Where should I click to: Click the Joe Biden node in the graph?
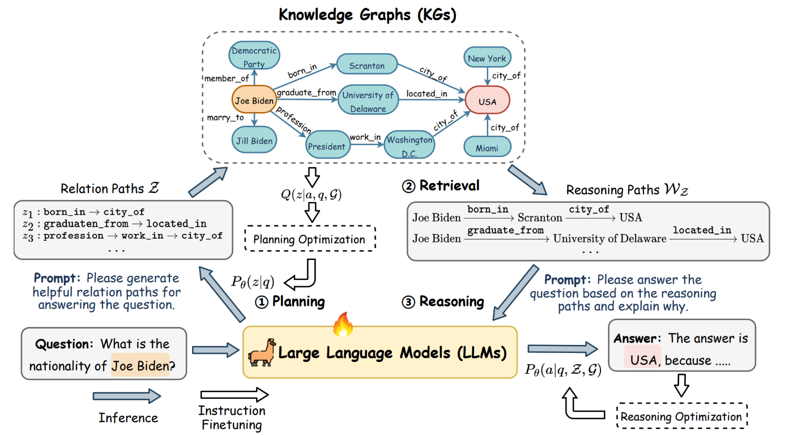click(x=254, y=100)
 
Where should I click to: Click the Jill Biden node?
click(x=254, y=140)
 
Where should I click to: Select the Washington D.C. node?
click(x=410, y=145)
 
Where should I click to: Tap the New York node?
click(x=487, y=57)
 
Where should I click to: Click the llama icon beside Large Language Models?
click(x=262, y=352)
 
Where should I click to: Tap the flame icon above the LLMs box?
click(x=343, y=324)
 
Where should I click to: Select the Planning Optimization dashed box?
click(x=310, y=238)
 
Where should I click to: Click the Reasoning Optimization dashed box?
click(x=681, y=416)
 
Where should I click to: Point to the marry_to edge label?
click(x=225, y=117)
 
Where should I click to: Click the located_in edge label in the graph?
click(x=427, y=93)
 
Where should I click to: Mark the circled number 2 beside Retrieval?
click(x=408, y=186)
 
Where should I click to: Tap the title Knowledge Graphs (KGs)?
click(x=368, y=15)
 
